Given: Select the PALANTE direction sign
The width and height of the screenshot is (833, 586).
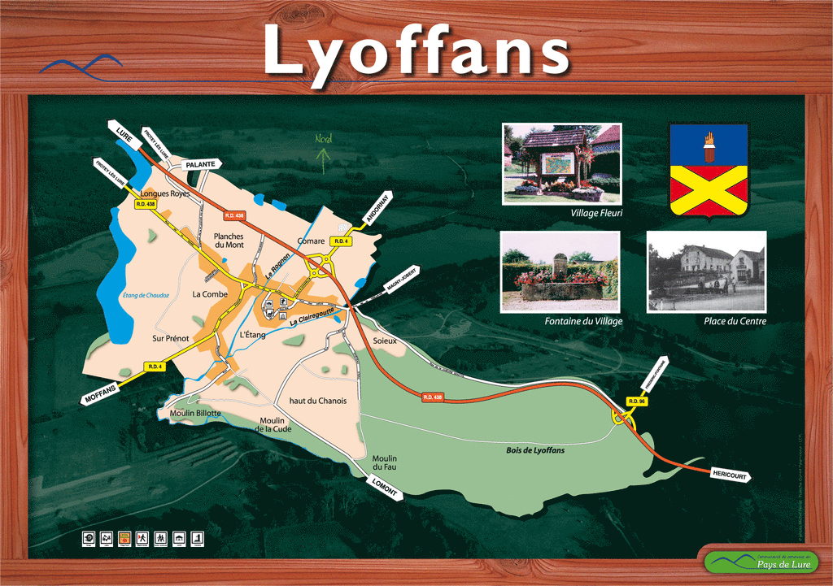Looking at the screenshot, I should point(200,164).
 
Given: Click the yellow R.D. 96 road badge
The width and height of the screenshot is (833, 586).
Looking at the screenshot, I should point(636,402).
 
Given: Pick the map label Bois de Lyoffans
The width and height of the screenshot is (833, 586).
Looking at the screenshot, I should point(534,449).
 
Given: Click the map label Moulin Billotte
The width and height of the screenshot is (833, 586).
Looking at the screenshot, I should point(195,413).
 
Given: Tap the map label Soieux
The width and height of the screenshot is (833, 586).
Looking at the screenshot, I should point(384,341).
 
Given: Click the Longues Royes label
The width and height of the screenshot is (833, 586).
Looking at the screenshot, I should point(165,194).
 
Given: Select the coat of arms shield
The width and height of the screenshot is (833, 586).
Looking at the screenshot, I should point(708,170).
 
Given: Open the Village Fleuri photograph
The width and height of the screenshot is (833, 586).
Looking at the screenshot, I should point(561,163).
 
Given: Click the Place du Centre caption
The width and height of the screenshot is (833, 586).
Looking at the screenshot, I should point(735,321).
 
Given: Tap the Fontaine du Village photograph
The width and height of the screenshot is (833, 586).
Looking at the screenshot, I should point(560,271).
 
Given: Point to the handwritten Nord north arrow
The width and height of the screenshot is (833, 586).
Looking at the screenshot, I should point(324,150).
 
